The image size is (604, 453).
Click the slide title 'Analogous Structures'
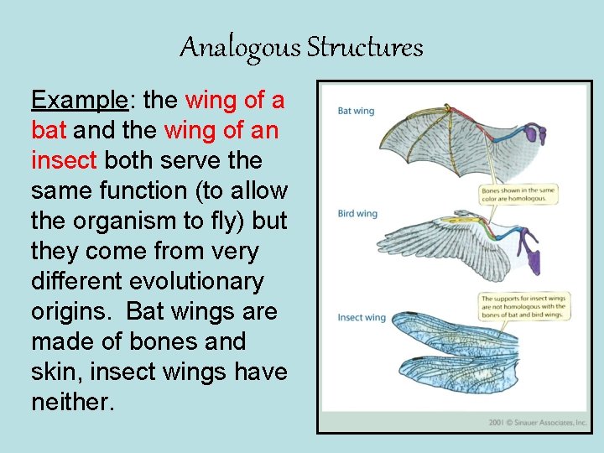point(301,47)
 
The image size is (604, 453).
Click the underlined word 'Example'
point(79,101)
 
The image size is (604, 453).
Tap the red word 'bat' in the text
point(49,131)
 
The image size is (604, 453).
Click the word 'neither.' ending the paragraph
point(72,403)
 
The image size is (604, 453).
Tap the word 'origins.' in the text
point(73,312)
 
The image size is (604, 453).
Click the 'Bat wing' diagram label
point(356,111)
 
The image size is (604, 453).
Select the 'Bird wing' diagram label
point(357,214)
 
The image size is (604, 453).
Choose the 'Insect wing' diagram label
point(362,318)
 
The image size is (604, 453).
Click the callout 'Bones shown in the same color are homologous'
point(518,195)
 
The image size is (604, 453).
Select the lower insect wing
point(470,382)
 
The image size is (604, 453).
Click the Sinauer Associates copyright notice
point(537,423)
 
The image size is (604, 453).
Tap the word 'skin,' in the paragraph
point(55,372)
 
